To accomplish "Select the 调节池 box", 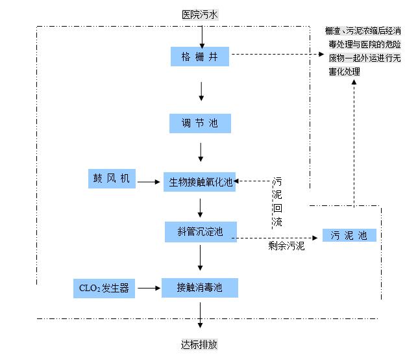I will pos(201,123).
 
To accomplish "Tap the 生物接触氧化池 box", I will pos(201,182).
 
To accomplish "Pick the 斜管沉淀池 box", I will pos(201,231).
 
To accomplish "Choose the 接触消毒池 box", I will pos(201,287).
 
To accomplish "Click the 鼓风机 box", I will pos(112,179).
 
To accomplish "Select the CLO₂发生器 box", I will pos(104,288).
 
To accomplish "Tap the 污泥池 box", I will pos(349,235).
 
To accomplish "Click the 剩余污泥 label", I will pos(286,247).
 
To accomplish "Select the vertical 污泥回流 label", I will pos(277,202).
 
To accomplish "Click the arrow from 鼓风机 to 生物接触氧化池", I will pos(149,182).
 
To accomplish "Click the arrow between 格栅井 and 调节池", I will pos(201,90).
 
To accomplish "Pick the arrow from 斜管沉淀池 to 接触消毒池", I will pos(201,259).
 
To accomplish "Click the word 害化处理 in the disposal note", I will pos(344,71).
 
